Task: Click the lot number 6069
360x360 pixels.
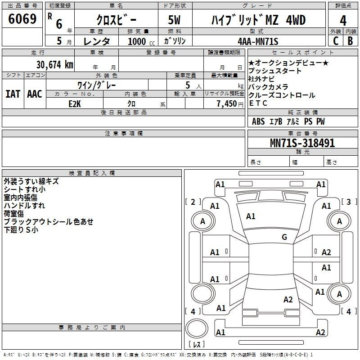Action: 22,20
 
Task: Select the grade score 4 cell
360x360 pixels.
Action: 343,21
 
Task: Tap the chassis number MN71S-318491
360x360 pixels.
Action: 302,143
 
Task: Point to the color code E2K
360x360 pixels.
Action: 74,103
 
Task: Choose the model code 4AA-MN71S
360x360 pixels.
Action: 258,41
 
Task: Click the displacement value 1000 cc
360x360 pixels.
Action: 137,41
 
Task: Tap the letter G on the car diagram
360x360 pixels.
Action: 284,237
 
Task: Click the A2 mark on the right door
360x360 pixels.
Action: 326,252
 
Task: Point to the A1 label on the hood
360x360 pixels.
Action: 251,216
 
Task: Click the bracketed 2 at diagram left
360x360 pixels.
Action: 193,202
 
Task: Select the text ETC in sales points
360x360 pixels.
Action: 258,103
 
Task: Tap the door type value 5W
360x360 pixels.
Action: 175,21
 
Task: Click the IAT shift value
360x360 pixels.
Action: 13,94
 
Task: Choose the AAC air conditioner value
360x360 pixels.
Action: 35,94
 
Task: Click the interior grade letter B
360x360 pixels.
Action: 350,40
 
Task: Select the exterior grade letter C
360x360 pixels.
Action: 336,40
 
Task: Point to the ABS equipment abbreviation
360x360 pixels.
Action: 258,121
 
